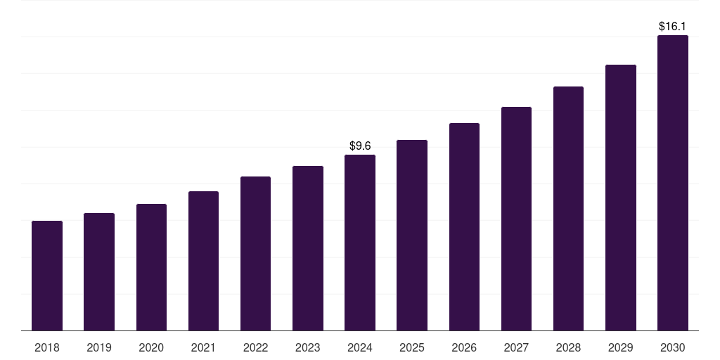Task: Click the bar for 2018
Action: pos(47,276)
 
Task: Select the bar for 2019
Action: pos(99,271)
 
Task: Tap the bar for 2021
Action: pos(203,261)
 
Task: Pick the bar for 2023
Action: pos(308,248)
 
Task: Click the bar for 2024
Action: pos(360,243)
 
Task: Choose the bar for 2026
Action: pos(464,226)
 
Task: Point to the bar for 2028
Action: pos(568,208)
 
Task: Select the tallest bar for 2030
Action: pos(673,183)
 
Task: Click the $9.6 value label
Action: pos(360,146)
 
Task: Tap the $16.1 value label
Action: pos(673,26)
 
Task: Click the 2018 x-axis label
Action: pos(47,347)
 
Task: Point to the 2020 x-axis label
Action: pos(151,347)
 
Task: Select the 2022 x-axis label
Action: pos(255,347)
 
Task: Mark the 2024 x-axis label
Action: pos(360,347)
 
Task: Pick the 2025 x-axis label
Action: pos(412,347)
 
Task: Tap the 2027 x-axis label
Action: pos(516,347)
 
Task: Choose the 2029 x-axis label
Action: pos(621,347)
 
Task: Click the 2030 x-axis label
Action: pos(673,347)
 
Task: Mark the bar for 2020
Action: pos(151,267)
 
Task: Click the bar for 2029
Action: pos(621,198)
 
